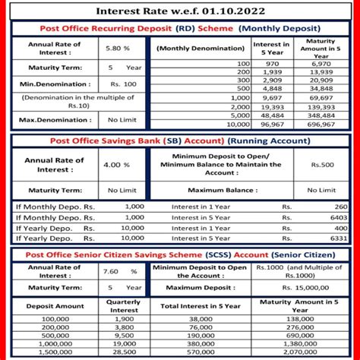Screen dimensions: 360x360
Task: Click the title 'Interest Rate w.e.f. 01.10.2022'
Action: tap(179, 12)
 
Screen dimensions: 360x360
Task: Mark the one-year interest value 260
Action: tap(341, 207)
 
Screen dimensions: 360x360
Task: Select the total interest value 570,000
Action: tap(201, 352)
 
